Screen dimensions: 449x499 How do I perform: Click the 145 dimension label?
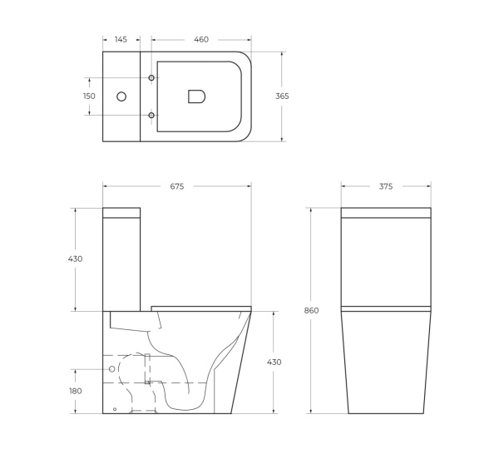click(121, 40)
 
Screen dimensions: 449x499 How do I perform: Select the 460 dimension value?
click(200, 40)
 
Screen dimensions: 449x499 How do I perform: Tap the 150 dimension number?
click(89, 96)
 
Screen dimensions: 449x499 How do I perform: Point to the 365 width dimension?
click(282, 96)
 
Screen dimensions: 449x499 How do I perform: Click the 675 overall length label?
click(176, 187)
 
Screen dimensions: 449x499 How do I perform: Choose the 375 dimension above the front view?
click(386, 187)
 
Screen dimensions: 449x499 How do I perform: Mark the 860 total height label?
click(311, 310)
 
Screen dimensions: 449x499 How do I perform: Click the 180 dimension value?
click(76, 391)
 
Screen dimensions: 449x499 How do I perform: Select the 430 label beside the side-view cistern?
click(76, 259)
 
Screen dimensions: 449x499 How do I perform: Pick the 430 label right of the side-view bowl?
click(274, 362)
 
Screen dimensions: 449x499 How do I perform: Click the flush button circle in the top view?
click(121, 96)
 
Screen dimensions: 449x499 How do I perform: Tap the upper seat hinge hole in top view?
click(151, 79)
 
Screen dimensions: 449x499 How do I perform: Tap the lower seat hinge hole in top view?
click(151, 114)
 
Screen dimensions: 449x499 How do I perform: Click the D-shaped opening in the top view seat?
click(196, 96)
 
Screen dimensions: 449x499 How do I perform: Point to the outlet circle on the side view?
click(111, 368)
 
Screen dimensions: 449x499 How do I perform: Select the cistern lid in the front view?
click(386, 212)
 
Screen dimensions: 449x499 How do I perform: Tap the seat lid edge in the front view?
click(386, 308)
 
